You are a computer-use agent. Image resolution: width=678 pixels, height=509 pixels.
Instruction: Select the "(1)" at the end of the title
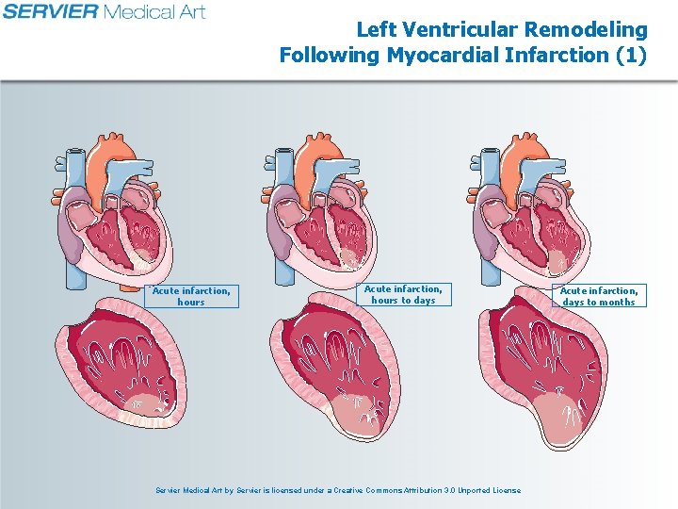point(630,55)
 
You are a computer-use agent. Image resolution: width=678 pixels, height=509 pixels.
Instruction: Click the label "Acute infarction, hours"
point(191,296)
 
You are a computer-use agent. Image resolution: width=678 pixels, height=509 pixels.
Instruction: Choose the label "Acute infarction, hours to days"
point(403,294)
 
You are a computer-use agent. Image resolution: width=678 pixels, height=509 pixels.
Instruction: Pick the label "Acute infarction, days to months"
point(599,296)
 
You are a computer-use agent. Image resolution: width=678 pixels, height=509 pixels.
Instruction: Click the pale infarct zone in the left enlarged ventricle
point(139,405)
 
